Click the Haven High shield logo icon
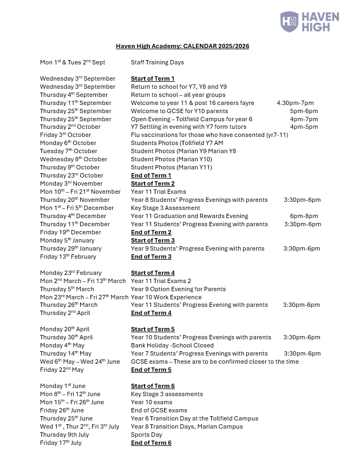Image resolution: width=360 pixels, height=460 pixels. click(289, 22)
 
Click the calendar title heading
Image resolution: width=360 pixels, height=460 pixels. click(182, 47)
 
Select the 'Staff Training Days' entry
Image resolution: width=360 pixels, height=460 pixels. click(157, 62)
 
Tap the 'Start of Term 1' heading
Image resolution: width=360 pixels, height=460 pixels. click(153, 78)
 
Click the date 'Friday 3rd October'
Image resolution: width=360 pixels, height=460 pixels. click(66, 135)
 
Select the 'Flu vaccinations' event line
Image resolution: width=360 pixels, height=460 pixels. click(209, 135)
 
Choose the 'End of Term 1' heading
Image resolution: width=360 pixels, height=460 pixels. click(151, 175)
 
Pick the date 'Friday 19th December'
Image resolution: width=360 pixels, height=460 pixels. click(70, 232)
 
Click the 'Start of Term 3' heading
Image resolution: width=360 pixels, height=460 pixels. click(153, 240)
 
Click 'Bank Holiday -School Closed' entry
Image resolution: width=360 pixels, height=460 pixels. click(172, 345)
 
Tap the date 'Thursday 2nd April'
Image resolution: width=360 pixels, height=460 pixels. click(65, 313)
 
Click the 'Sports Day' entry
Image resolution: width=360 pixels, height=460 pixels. click(147, 435)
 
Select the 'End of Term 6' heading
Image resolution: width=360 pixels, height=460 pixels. click(151, 443)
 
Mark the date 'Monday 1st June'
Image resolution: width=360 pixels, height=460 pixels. click(62, 386)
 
